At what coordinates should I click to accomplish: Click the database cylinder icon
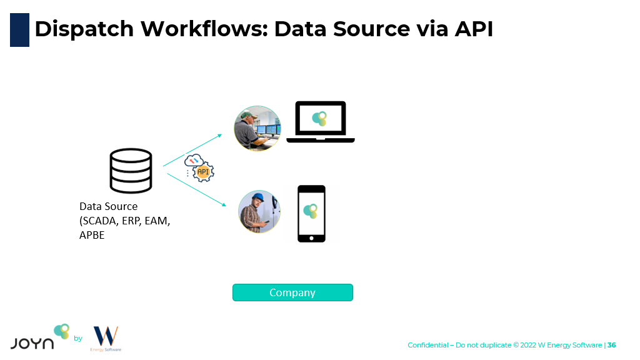tap(131, 170)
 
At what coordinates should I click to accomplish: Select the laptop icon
tap(320, 122)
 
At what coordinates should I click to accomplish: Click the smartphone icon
tap(311, 213)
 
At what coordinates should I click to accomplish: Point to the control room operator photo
tap(257, 128)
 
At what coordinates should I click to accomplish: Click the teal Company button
tap(292, 292)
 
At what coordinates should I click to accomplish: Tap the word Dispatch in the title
tap(84, 29)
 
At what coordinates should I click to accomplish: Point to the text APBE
tap(92, 235)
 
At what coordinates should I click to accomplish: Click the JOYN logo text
tap(32, 342)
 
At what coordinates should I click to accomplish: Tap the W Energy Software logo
tap(106, 338)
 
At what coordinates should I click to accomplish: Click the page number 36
tap(612, 345)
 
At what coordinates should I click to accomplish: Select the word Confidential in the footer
tap(427, 345)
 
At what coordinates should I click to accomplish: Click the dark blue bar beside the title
tap(19, 29)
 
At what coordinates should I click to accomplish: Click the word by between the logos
tap(78, 339)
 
